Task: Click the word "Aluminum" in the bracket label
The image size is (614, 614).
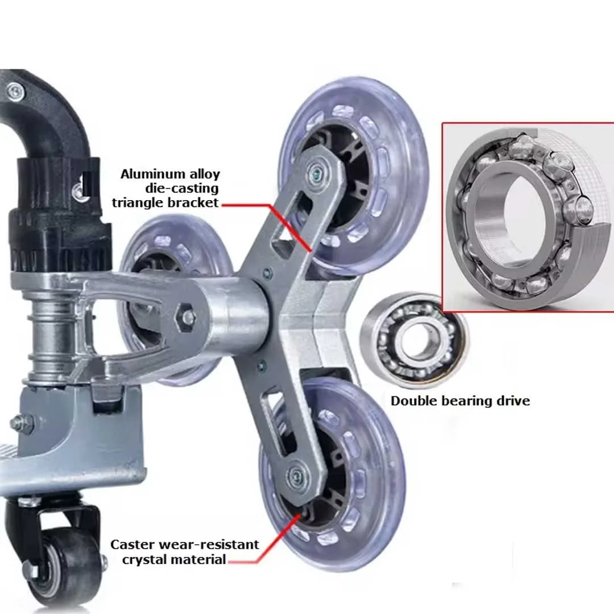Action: (153, 174)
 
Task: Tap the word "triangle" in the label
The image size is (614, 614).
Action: (138, 203)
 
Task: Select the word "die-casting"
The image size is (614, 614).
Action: (182, 188)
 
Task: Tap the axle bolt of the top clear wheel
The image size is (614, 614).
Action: (316, 171)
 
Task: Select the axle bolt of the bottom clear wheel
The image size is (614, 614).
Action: (296, 476)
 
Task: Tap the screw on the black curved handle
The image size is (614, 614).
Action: (16, 91)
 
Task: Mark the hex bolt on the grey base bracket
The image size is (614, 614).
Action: (18, 424)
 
